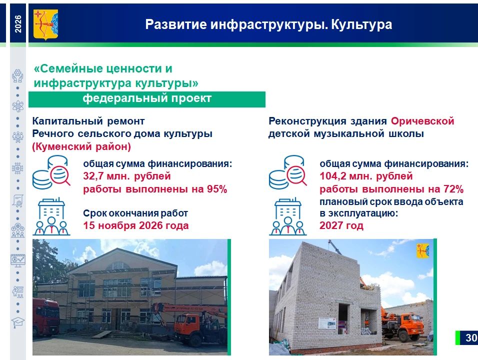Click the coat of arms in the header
[x=45, y=24]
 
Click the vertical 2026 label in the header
[x=18, y=24]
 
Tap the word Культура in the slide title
[x=361, y=24]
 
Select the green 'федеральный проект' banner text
[x=147, y=98]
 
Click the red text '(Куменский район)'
[x=81, y=146]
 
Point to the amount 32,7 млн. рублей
[x=127, y=176]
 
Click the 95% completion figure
[x=217, y=189]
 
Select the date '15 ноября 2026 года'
[x=136, y=225]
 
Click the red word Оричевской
[x=422, y=121]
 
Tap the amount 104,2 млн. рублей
[x=366, y=176]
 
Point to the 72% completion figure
[x=453, y=189]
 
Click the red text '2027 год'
[x=341, y=225]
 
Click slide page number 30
[x=471, y=337]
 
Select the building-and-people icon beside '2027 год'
[x=288, y=216]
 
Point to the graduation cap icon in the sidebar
[x=17, y=322]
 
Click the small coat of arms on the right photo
[x=423, y=250]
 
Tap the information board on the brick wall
[x=327, y=323]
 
